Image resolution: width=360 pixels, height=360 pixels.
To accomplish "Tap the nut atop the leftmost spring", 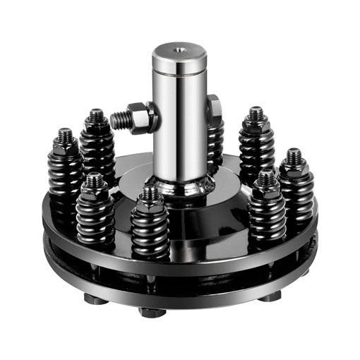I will click(65, 145).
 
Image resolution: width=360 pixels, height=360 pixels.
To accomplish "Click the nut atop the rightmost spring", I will click(294, 162).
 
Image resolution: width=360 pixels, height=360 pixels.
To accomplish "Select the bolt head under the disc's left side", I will click(95, 299).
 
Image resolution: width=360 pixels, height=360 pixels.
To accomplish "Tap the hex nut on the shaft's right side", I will click(213, 107).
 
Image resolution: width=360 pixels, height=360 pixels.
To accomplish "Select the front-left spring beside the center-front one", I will click(96, 215).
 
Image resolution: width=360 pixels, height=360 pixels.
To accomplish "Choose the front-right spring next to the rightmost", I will click(266, 212).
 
